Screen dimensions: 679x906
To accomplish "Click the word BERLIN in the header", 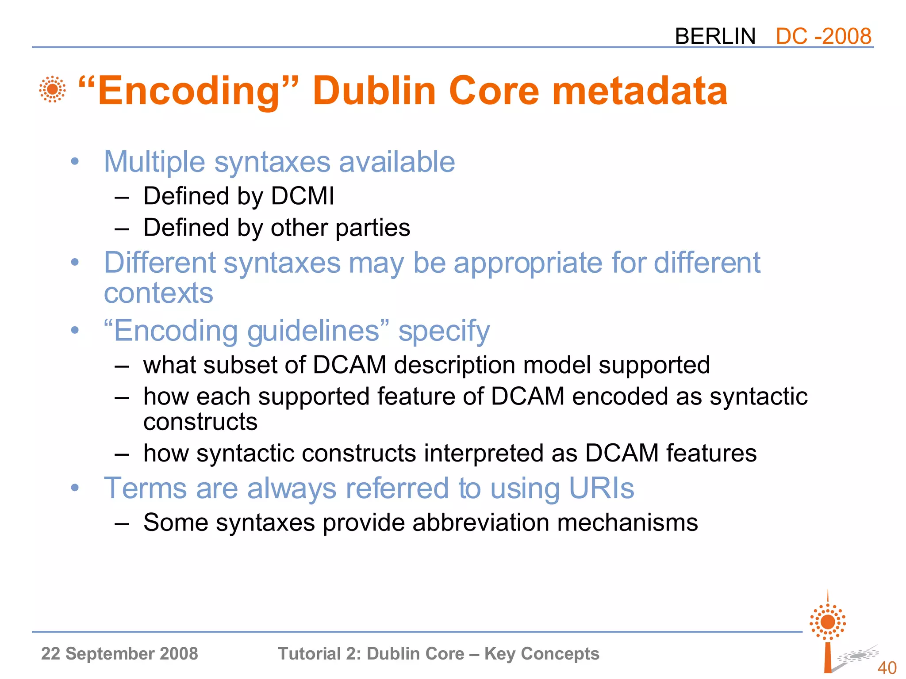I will (x=715, y=36).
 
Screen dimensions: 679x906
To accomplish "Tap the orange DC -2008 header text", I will (x=823, y=36).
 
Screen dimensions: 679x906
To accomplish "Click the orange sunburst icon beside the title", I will (x=52, y=89).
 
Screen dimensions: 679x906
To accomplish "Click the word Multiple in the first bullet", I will (x=154, y=162).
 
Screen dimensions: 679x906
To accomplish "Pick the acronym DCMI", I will (x=303, y=196).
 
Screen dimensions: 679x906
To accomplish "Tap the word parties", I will (x=372, y=228).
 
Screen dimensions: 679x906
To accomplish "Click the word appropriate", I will (x=528, y=263).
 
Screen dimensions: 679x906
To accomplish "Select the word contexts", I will (x=158, y=293).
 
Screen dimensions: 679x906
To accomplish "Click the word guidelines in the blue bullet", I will (x=313, y=331).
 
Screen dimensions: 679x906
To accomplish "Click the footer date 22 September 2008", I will (x=119, y=653).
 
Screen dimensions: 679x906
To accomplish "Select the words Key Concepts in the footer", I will (x=542, y=653).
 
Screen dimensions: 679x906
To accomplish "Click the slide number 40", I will (x=887, y=668).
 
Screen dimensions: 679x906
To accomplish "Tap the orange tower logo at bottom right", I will (x=828, y=632).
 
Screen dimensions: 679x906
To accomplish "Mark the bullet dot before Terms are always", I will (x=75, y=488).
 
